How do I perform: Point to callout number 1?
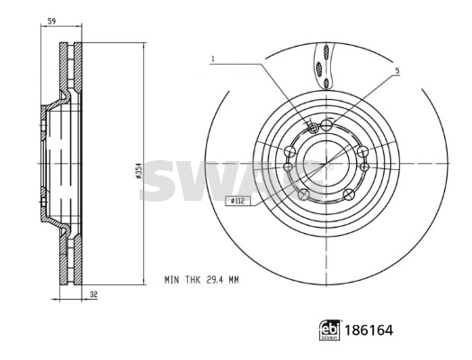[x=213, y=59]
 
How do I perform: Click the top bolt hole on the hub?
[x=326, y=123]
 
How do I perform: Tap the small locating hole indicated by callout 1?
[x=311, y=128]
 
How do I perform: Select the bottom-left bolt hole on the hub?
[x=303, y=193]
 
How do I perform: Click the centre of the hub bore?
[x=325, y=162]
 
